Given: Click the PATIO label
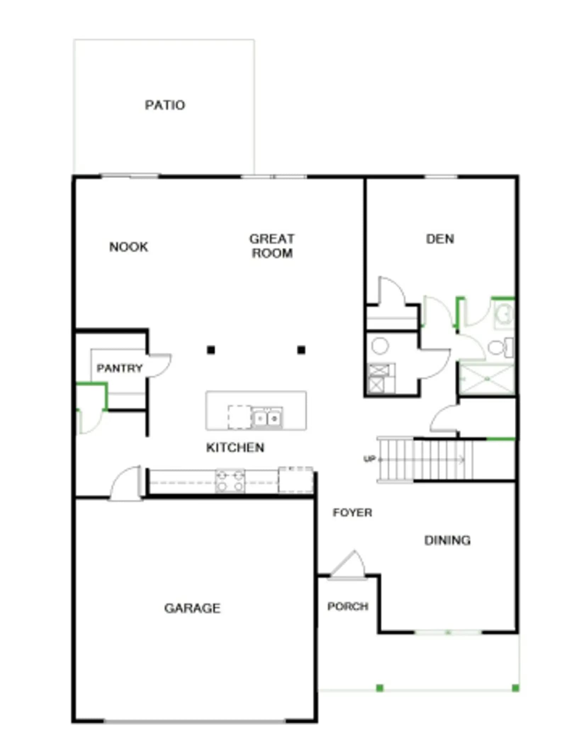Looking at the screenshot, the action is click(x=165, y=105).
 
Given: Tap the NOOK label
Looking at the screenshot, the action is click(x=129, y=247).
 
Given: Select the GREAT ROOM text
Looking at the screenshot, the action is click(x=272, y=246).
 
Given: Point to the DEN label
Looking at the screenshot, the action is click(x=440, y=239).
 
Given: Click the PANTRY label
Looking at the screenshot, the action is click(x=119, y=368).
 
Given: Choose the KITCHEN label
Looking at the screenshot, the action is click(x=235, y=448).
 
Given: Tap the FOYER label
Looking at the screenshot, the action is click(x=352, y=512).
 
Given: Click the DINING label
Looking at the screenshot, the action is click(x=447, y=540).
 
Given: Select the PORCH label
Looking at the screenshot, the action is click(x=348, y=606).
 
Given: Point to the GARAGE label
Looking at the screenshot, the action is click(x=192, y=608).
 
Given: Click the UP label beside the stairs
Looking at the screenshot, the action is click(x=369, y=459).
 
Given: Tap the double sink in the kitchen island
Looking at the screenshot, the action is click(x=267, y=418).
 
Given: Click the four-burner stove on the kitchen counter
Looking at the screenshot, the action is click(x=230, y=481).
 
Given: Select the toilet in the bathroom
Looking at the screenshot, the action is click(x=500, y=347).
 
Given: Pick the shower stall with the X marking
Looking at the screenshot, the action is click(x=487, y=378).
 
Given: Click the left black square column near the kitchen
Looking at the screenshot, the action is click(x=211, y=350).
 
